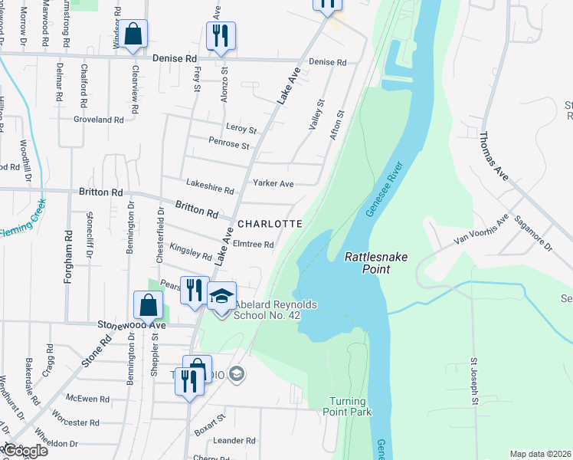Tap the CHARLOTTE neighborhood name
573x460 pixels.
[269, 224]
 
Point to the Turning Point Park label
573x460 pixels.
[350, 406]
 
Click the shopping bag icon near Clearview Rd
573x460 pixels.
[133, 34]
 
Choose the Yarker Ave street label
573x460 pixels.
[274, 184]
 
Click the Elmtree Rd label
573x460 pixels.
[253, 245]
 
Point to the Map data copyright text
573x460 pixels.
[540, 454]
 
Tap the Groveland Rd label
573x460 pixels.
[98, 120]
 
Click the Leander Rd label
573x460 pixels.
[234, 441]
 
